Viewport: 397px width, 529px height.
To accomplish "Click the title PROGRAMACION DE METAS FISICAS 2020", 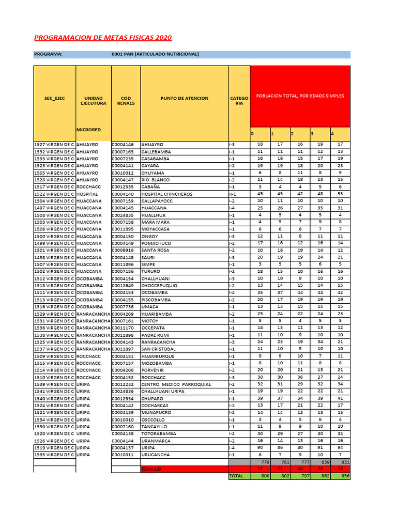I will tap(103, 38).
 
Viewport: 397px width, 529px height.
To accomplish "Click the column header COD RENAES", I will tap(126, 101).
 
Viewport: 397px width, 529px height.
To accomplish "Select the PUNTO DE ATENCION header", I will tap(185, 98).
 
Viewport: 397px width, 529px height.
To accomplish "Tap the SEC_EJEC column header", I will tap(54, 98).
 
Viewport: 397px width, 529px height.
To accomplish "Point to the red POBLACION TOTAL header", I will tap(300, 96).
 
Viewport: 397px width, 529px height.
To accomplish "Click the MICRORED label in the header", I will tap(88, 130).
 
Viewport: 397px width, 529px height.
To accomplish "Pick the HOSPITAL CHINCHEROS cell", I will tap(163, 194).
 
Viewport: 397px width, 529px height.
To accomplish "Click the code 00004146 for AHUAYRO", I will tap(123, 145).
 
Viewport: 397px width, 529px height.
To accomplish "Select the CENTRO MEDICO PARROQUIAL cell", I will tap(169, 384).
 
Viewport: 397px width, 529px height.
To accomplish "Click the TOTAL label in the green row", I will tap(236, 476).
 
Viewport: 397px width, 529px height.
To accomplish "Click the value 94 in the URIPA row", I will tap(340, 447).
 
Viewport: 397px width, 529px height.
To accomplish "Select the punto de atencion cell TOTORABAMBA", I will tap(159, 433).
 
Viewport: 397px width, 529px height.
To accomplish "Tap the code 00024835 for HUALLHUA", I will tap(123, 215).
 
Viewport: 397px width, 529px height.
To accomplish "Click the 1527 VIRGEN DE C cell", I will tap(54, 145).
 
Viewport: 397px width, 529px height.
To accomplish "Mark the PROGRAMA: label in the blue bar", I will tap(48, 54).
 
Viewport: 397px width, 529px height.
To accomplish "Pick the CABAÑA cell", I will tap(150, 186).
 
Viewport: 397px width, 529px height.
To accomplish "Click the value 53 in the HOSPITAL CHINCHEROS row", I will tap(340, 194).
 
